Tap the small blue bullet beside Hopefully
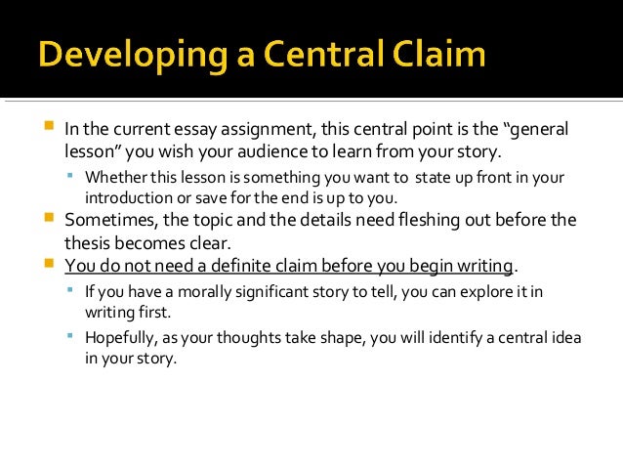(x=71, y=336)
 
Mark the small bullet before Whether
(x=71, y=176)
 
